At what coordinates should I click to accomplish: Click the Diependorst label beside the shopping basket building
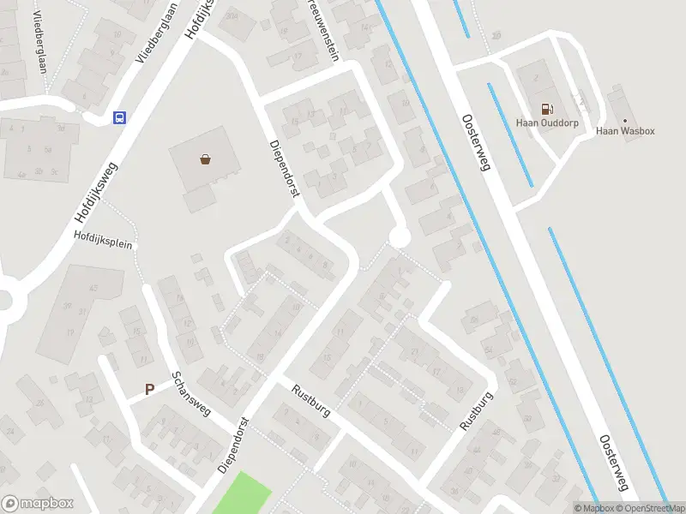tap(283, 170)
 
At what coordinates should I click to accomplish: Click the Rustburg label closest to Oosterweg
tap(477, 412)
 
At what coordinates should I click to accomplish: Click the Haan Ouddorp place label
tap(545, 123)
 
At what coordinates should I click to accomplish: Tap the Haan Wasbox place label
tap(625, 131)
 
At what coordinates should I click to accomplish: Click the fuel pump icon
tap(545, 109)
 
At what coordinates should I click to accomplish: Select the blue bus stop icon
tap(119, 117)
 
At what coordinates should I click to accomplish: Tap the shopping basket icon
tap(205, 158)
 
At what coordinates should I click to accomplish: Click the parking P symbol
tap(149, 389)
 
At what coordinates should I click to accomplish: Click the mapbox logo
tap(37, 504)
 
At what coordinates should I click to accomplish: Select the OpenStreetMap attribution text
tap(651, 508)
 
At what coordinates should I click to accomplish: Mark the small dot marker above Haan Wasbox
tap(625, 120)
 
